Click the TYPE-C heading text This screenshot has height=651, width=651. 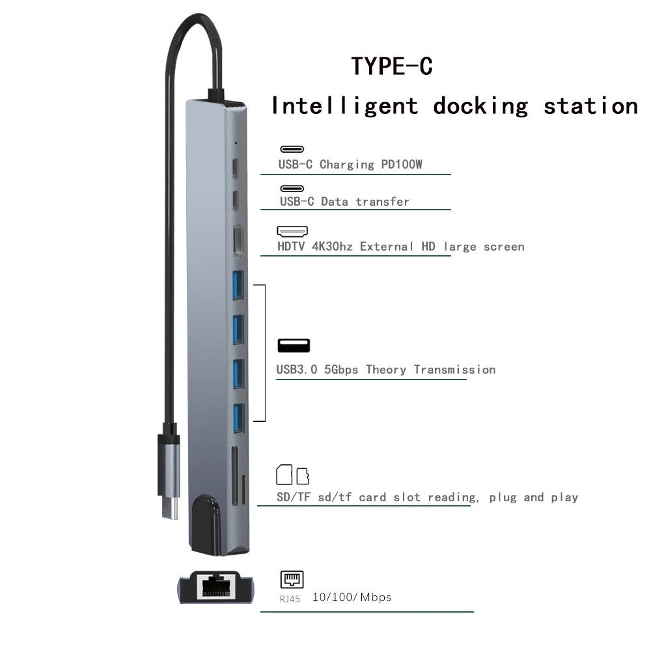tap(392, 66)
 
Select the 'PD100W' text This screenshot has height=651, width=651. tap(402, 165)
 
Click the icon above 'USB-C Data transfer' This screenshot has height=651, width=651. tap(292, 189)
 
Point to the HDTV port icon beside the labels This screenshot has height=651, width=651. tap(292, 231)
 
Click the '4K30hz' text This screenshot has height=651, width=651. tap(333, 247)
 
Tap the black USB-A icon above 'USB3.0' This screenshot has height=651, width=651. tap(294, 346)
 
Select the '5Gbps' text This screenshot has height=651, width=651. tap(341, 370)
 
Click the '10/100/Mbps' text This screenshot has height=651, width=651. tap(352, 597)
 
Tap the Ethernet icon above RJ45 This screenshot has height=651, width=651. tap(292, 579)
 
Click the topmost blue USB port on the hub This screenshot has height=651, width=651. tap(238, 284)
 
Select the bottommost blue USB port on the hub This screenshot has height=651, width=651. tap(238, 417)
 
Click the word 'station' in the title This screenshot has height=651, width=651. tap(590, 106)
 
